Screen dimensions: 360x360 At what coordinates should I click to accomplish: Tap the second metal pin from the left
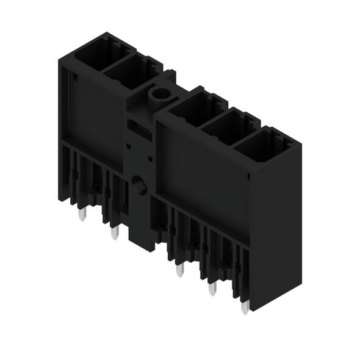(x=113, y=233)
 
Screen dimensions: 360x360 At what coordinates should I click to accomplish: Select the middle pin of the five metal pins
(x=179, y=269)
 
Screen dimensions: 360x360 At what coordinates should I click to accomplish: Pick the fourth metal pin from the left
(x=212, y=288)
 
